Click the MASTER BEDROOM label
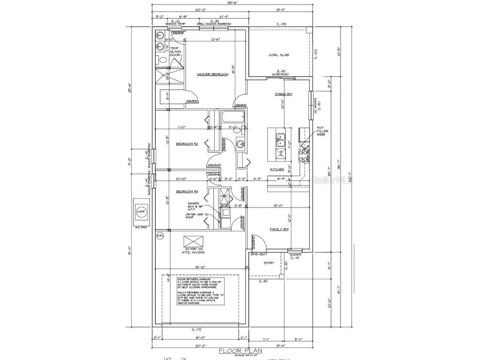(212, 75)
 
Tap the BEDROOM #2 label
(187, 144)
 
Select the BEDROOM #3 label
(187, 191)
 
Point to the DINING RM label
(284, 94)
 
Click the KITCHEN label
(277, 169)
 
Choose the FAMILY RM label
(278, 229)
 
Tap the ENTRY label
(269, 263)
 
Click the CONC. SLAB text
(278, 55)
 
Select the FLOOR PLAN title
(240, 350)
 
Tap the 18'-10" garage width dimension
(199, 267)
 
